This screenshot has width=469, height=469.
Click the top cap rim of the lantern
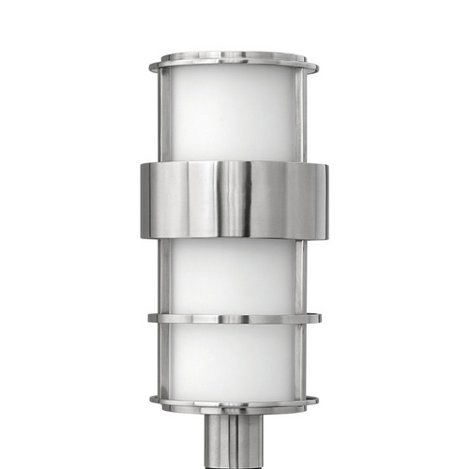234,63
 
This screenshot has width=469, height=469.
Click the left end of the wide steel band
146,199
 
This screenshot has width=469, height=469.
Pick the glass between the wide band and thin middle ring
234,276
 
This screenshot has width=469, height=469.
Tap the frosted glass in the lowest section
234,362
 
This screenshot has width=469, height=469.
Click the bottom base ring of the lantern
234,404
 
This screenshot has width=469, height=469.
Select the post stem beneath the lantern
234,441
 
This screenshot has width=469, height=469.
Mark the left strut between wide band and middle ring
164,276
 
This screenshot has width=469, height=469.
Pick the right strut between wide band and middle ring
303,276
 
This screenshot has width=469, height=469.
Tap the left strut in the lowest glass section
164,362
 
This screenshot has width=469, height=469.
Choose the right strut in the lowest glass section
303,362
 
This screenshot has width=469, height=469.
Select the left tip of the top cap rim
152,66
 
